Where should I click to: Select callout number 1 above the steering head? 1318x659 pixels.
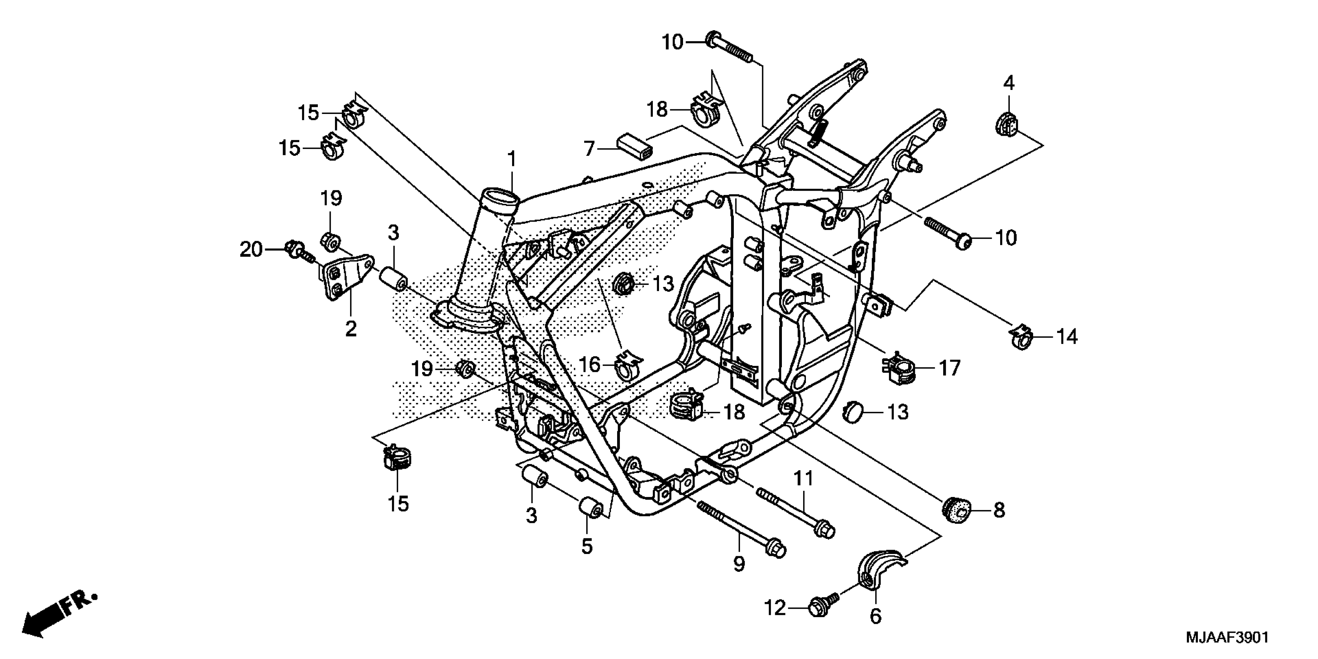[512, 160]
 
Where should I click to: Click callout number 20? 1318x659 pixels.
[251, 250]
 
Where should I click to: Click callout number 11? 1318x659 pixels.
[803, 479]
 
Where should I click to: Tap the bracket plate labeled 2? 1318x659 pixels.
[345, 277]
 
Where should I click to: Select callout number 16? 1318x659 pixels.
[589, 365]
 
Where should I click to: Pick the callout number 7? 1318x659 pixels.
[589, 149]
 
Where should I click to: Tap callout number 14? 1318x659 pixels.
[1067, 336]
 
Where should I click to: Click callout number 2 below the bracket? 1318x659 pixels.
[350, 328]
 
